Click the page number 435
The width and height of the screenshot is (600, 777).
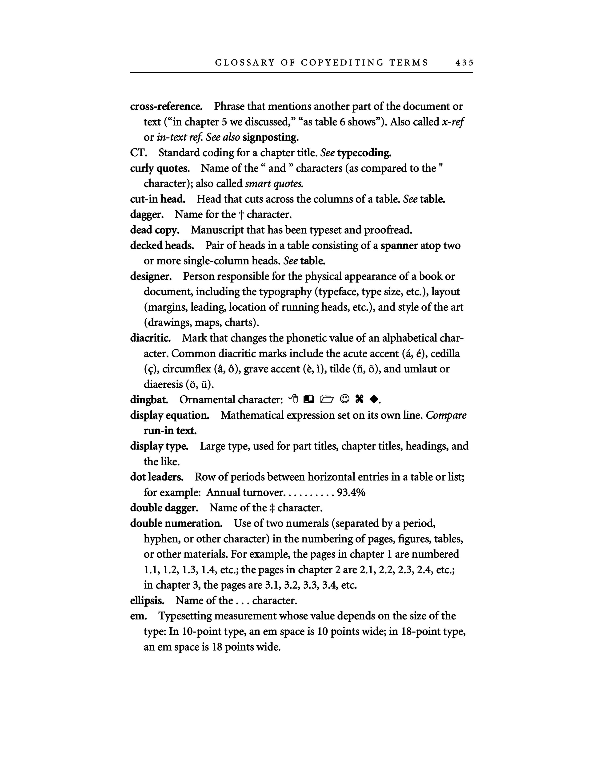(464, 63)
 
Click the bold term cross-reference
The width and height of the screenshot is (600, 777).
(166, 106)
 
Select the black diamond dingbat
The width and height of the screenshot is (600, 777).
(373, 400)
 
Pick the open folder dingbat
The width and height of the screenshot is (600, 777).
(327, 400)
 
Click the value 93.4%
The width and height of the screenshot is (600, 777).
(351, 493)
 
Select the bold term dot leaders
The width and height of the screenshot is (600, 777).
(157, 477)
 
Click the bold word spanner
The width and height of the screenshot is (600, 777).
(399, 246)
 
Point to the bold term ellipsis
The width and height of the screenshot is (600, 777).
(147, 601)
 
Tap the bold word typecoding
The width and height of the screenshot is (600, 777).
(364, 153)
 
